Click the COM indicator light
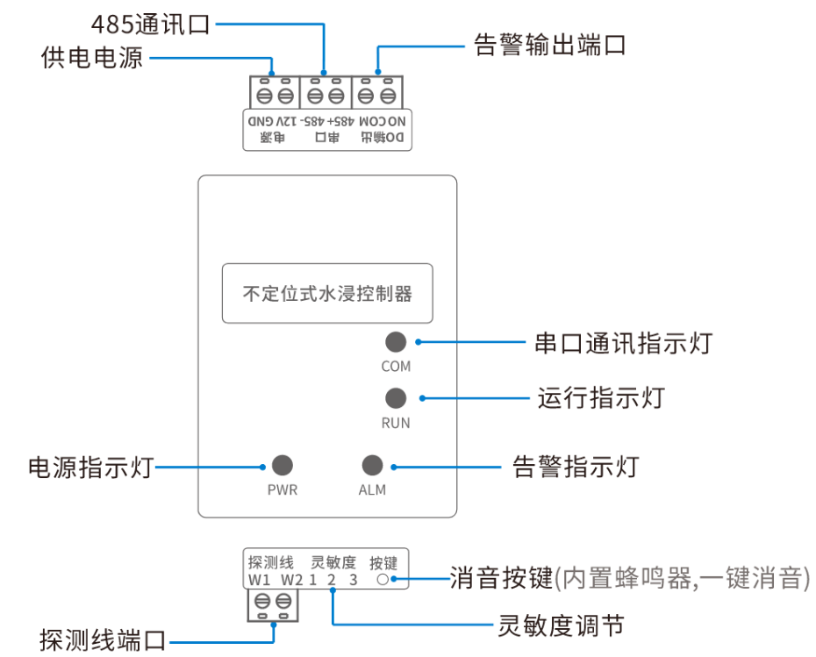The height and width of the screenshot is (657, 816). coord(396,342)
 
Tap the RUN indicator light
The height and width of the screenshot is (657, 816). coord(396,397)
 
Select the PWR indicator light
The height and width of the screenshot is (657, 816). coord(282,466)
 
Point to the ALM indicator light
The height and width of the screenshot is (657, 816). coord(372,466)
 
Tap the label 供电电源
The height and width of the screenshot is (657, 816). coord(92,59)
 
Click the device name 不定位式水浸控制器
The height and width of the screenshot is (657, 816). coord(327,293)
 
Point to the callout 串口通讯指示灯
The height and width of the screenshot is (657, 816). coord(623,343)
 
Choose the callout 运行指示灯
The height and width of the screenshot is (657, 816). coord(601,397)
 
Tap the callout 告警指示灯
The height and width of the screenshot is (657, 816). coord(576,467)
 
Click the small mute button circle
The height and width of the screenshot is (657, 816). coord(382,580)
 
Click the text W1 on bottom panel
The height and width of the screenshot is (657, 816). coord(259,580)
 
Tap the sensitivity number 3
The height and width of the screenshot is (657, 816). coord(353,580)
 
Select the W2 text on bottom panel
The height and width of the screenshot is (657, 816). coord(292,580)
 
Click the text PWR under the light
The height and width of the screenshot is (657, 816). coord(283,490)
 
